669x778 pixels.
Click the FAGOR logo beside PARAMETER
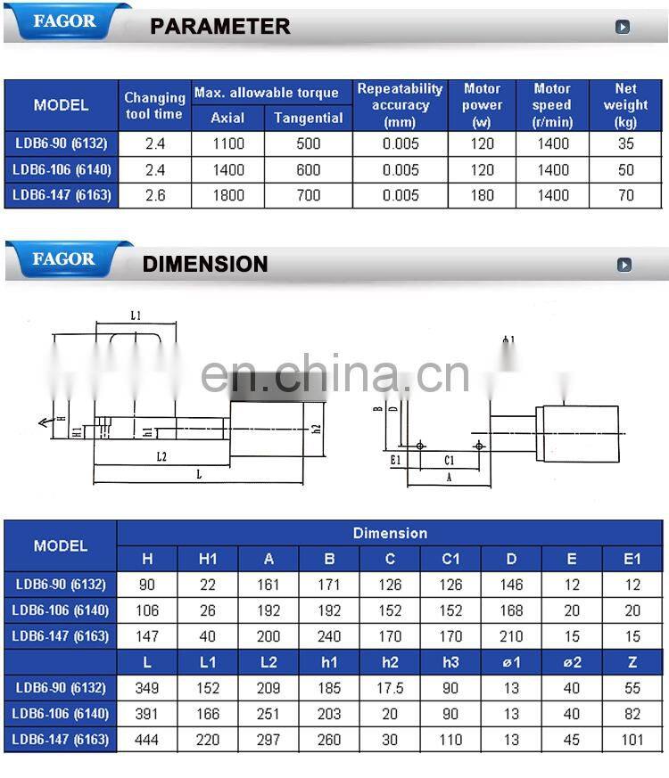coord(63,20)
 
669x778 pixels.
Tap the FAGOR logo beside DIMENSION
coord(63,259)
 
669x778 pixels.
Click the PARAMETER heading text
coord(219,27)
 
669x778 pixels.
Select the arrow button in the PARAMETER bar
coord(623,27)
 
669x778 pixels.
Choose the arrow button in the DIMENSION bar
coord(624,265)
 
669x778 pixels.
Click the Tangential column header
coord(308,118)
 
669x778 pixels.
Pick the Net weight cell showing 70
coord(625,195)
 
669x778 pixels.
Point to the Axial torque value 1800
coord(227,195)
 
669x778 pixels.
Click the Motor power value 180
coord(482,195)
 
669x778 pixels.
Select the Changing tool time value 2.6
coord(154,195)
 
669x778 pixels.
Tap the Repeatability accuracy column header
coord(400,104)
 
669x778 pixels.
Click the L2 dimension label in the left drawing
coord(161,456)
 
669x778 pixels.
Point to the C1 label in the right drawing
coord(450,460)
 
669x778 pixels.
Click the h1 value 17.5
coord(390,688)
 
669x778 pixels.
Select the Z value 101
coord(632,740)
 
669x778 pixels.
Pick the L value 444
coord(147,740)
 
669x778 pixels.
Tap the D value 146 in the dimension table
coord(511,585)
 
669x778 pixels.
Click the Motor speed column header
coord(552,104)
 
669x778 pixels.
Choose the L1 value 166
coord(208,714)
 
